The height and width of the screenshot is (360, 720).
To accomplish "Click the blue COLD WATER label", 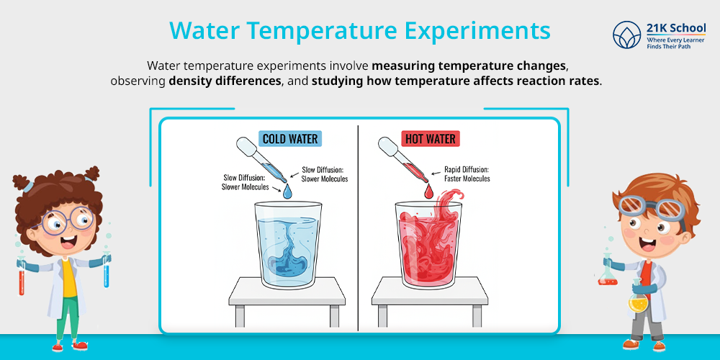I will [289, 138].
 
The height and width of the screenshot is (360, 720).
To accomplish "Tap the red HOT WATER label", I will [430, 138].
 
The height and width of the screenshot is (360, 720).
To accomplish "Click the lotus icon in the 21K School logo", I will [625, 35].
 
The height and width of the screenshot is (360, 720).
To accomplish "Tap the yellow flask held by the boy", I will [637, 302].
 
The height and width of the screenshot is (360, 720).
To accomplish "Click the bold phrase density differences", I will [225, 81].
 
